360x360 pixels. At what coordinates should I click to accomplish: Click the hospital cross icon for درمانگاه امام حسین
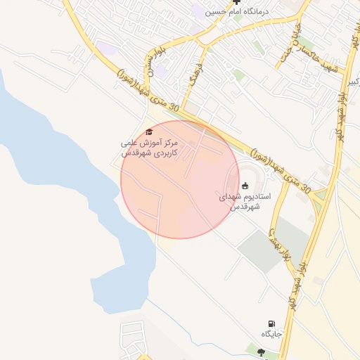pos(236,3)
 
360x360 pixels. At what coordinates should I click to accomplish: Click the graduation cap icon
pos(148,131)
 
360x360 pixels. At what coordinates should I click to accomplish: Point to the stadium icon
pos(244,186)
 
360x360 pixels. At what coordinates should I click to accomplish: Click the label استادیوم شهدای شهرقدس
pos(240,202)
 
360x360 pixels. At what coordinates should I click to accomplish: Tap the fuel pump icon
pos(272,324)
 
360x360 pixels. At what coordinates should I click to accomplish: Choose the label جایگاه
pos(272,334)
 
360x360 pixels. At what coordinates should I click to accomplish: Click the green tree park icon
pos(262,351)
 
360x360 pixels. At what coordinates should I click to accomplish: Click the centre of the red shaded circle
pos(180,179)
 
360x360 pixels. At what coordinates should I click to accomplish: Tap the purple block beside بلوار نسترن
pos(162,71)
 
